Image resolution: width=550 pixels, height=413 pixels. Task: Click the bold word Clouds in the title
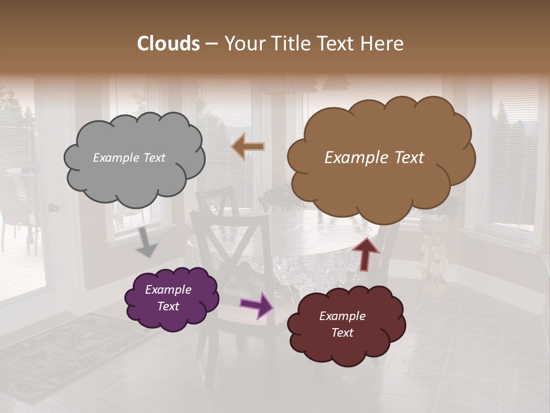pyautogui.click(x=169, y=43)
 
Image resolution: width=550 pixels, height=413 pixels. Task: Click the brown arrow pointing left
pyautogui.click(x=248, y=146)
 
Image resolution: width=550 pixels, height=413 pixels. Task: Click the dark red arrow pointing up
pyautogui.click(x=366, y=253)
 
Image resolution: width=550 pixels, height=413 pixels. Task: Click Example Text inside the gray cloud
pyautogui.click(x=129, y=158)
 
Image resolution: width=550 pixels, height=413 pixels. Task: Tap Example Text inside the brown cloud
pyautogui.click(x=374, y=158)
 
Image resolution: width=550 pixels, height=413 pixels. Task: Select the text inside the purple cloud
pyautogui.click(x=168, y=298)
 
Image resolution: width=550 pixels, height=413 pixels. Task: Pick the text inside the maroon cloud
pyautogui.click(x=342, y=324)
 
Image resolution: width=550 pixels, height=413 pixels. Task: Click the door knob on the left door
pyautogui.click(x=53, y=208)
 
